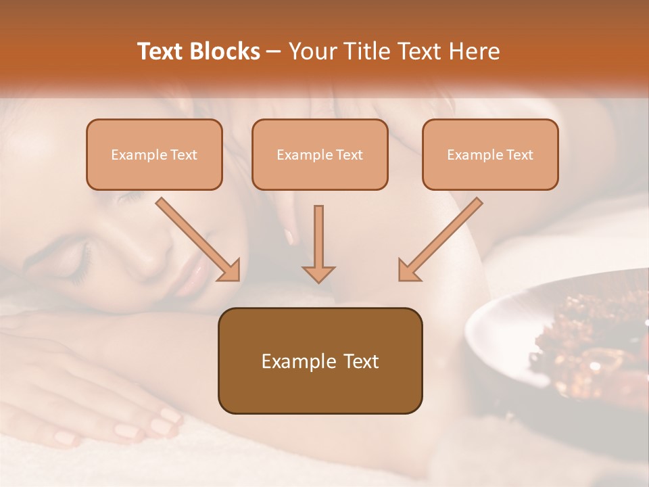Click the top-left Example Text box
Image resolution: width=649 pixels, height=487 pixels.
(154, 155)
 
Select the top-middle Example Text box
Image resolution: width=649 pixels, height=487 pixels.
(320, 155)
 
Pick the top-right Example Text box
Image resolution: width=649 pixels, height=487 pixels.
(490, 155)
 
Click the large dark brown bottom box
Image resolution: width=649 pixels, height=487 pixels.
(320, 361)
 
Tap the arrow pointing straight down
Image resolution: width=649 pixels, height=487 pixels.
(318, 243)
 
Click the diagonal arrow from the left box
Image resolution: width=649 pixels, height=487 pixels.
(197, 239)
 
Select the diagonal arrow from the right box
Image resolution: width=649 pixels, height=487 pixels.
(440, 239)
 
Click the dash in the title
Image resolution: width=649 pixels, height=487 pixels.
(274, 52)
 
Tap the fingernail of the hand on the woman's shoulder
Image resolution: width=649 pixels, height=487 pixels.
(290, 237)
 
